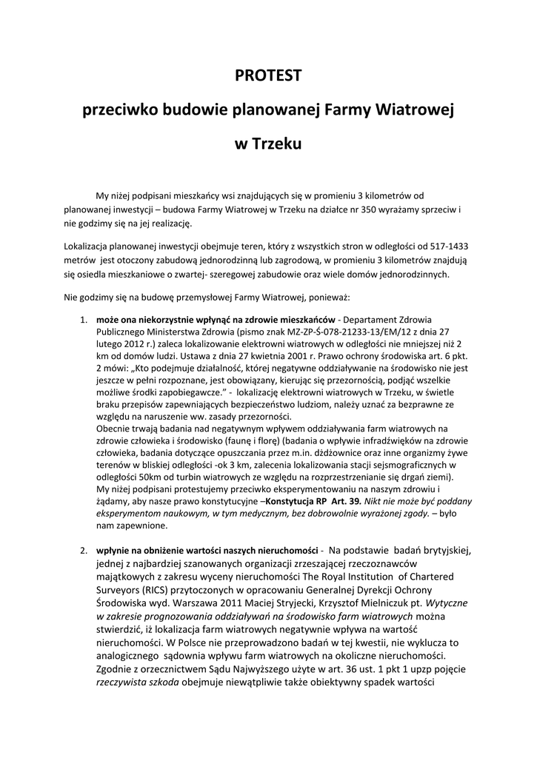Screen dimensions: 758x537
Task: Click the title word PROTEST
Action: coord(268,75)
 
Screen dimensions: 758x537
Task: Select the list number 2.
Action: coord(83,551)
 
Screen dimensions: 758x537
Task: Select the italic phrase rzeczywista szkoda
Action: coord(137,682)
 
